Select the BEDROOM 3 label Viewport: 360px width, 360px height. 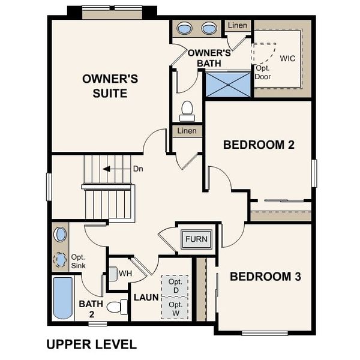click(x=265, y=277)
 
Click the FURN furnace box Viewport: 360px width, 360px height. click(x=196, y=239)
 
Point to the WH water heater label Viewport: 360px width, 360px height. click(x=125, y=273)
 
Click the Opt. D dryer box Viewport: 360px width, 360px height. click(x=175, y=286)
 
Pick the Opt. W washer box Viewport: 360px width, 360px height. click(x=175, y=308)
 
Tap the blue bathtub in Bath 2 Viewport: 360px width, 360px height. click(x=62, y=298)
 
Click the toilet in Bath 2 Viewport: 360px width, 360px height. click(x=118, y=307)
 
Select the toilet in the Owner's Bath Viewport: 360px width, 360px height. click(x=187, y=110)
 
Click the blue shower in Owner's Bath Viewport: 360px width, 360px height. click(x=227, y=83)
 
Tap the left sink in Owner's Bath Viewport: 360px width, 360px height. click(x=185, y=28)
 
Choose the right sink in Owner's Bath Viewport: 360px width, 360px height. click(x=209, y=28)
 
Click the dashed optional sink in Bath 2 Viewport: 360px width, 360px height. click(x=60, y=260)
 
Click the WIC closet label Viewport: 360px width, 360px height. click(x=288, y=58)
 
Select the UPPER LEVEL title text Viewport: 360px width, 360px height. click(x=91, y=344)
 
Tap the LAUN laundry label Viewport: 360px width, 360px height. click(x=146, y=298)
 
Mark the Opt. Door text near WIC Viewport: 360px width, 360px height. click(x=263, y=73)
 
